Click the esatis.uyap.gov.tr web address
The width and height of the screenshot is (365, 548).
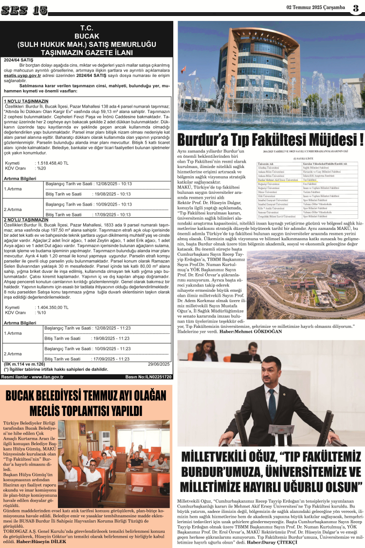pos(21,76)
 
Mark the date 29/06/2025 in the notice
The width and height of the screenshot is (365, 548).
pos(159,364)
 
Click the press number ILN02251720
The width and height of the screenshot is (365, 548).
pos(156,377)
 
